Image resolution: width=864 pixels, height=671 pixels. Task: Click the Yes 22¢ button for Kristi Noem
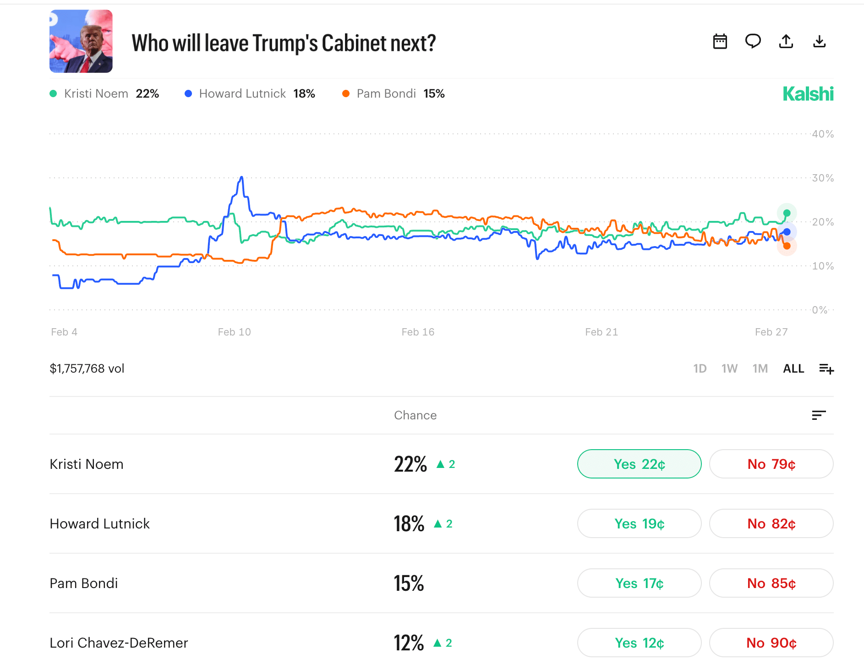click(639, 464)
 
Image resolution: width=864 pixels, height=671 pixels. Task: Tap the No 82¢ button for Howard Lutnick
click(771, 523)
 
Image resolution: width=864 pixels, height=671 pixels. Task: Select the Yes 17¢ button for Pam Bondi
click(639, 583)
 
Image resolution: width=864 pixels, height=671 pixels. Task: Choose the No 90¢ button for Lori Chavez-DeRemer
click(771, 643)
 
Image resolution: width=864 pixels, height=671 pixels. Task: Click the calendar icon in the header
click(720, 42)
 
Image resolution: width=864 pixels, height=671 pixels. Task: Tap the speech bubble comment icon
click(753, 42)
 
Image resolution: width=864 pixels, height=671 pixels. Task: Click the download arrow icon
click(819, 42)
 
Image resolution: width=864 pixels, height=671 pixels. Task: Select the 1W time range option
click(729, 368)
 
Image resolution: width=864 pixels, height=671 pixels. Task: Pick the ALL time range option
click(793, 368)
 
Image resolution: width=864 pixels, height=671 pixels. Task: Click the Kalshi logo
click(808, 94)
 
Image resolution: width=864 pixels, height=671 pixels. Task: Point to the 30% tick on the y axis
click(823, 178)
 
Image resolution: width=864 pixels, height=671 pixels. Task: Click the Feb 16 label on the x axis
click(418, 332)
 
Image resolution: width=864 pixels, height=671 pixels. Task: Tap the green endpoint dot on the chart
click(787, 213)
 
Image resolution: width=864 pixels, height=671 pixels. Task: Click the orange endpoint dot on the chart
click(787, 246)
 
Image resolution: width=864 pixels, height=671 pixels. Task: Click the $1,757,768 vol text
click(87, 368)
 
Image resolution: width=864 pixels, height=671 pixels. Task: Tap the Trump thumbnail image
click(81, 41)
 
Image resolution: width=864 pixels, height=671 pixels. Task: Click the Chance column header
click(415, 415)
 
